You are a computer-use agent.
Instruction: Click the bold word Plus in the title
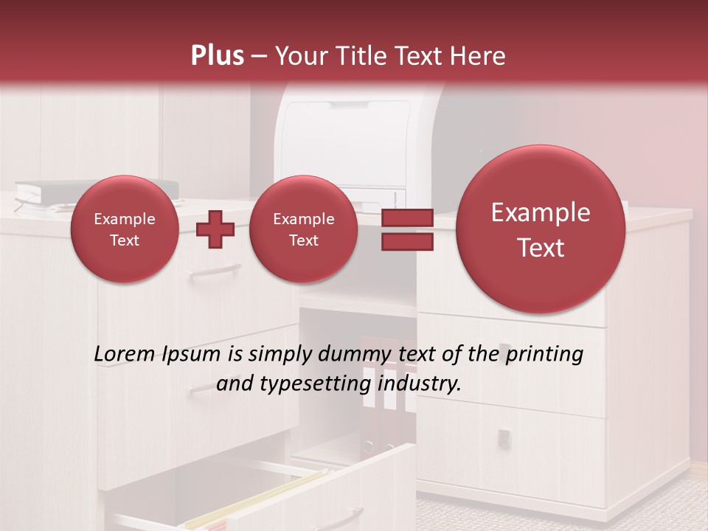(217, 56)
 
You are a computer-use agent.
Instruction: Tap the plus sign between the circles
(215, 229)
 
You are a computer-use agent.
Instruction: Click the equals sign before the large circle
(406, 229)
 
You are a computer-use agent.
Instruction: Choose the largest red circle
(541, 229)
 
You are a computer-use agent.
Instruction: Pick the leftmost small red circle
(124, 229)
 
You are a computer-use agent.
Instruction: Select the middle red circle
(303, 229)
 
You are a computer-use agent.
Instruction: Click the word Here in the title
(479, 56)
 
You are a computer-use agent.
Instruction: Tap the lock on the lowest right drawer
(504, 438)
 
